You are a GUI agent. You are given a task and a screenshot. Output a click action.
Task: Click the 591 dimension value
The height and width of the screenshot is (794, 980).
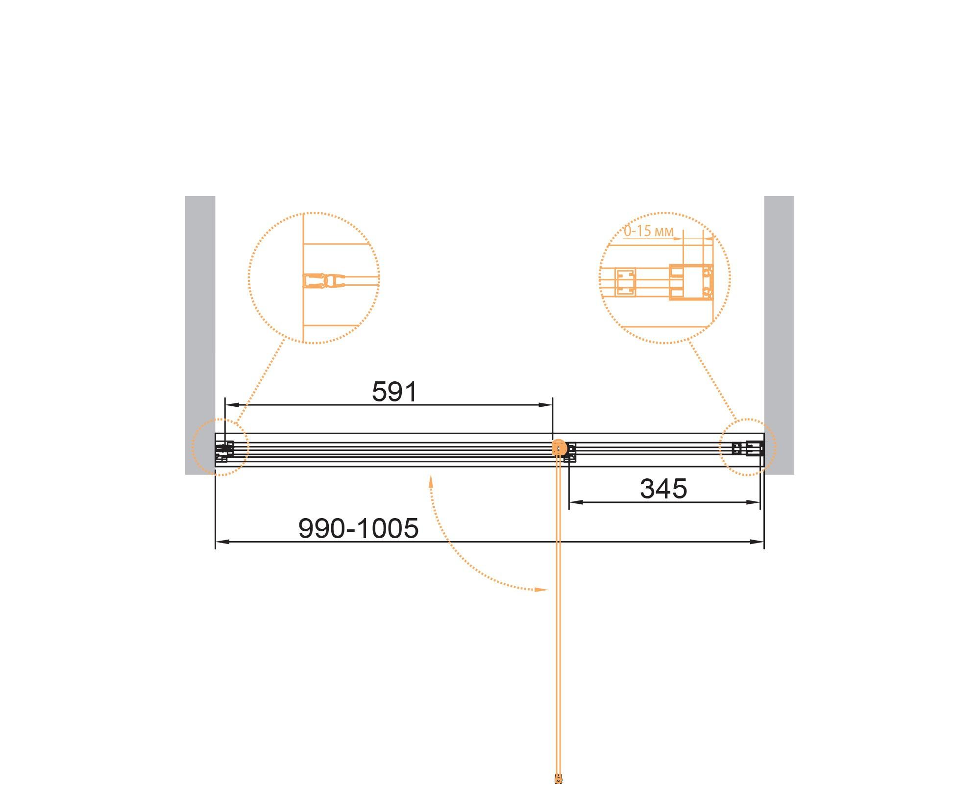(394, 392)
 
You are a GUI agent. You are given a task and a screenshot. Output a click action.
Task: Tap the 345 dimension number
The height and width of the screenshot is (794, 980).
(663, 489)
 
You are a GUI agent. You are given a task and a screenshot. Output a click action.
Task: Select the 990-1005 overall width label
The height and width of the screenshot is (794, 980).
(358, 528)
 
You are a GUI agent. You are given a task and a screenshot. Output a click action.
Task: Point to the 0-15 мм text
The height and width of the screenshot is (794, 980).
(648, 231)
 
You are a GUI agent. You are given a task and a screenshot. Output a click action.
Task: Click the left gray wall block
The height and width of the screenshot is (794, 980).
(200, 335)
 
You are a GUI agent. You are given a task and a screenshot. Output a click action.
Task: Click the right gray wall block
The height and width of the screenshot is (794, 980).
(779, 335)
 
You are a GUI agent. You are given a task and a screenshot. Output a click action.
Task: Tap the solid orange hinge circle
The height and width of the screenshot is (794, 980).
(559, 447)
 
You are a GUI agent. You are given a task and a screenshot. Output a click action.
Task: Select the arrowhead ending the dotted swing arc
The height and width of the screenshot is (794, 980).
(541, 590)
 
